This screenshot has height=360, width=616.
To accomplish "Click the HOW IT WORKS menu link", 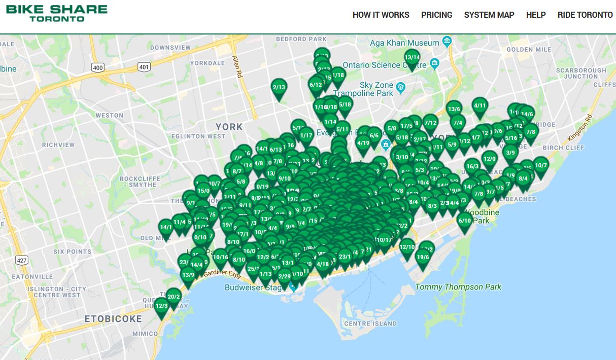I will (x=381, y=15).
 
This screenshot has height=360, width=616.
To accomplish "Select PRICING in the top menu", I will (x=436, y=15).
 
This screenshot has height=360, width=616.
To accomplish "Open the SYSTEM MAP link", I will (x=489, y=15).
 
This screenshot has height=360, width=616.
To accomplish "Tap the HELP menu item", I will (x=536, y=15).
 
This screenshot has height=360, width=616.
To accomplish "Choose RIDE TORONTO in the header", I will (x=585, y=15).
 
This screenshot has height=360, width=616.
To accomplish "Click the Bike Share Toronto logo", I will (x=57, y=13).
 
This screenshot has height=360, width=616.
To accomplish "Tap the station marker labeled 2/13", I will (x=279, y=88).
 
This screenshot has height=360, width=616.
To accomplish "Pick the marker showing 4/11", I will (x=480, y=106).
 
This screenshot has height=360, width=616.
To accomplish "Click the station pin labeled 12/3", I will (x=161, y=306).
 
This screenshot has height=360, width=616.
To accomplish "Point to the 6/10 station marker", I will (x=465, y=221).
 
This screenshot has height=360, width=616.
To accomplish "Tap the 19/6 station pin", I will (x=423, y=258).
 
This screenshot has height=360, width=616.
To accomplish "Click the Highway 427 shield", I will (x=21, y=260).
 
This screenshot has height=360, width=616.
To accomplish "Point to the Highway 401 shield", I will (x=145, y=67).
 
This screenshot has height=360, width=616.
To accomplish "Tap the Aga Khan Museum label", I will (x=404, y=43).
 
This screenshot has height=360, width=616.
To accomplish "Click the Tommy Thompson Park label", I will (x=458, y=287).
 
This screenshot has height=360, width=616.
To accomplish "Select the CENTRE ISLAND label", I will (x=370, y=323).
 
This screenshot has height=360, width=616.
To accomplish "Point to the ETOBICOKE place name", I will (x=113, y=319).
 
